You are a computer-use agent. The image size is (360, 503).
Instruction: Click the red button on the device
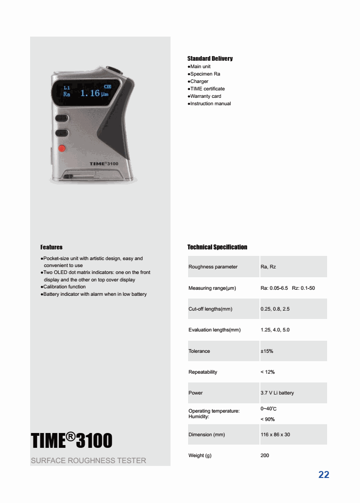[x=61, y=148]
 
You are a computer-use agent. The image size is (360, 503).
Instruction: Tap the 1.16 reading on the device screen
[x=90, y=93]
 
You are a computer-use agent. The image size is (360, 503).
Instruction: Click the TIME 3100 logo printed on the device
[x=104, y=164]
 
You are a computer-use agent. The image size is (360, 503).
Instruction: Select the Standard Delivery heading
[x=210, y=58]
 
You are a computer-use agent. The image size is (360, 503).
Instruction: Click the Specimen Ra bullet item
[x=204, y=74]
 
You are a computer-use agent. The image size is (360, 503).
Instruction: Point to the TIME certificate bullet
[x=207, y=89]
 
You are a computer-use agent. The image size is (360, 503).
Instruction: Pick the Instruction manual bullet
[x=209, y=104]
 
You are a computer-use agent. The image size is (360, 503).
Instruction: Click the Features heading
[x=51, y=247]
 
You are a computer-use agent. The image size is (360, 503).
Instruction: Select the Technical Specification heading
[x=217, y=247]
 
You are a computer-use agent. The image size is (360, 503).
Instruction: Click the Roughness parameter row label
[x=213, y=267]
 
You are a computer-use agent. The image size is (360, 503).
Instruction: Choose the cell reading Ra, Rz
[x=268, y=267]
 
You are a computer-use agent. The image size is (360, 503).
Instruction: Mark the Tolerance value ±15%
[x=267, y=351]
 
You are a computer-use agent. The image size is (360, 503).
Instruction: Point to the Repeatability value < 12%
[x=268, y=372]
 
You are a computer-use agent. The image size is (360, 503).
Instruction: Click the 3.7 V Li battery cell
[x=277, y=393]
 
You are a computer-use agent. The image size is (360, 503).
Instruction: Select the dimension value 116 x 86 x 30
[x=275, y=435]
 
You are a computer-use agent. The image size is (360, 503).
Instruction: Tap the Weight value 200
[x=265, y=456]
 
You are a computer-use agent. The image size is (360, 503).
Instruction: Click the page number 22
[x=324, y=475]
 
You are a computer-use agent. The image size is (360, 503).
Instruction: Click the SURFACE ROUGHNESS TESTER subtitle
[x=88, y=461]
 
